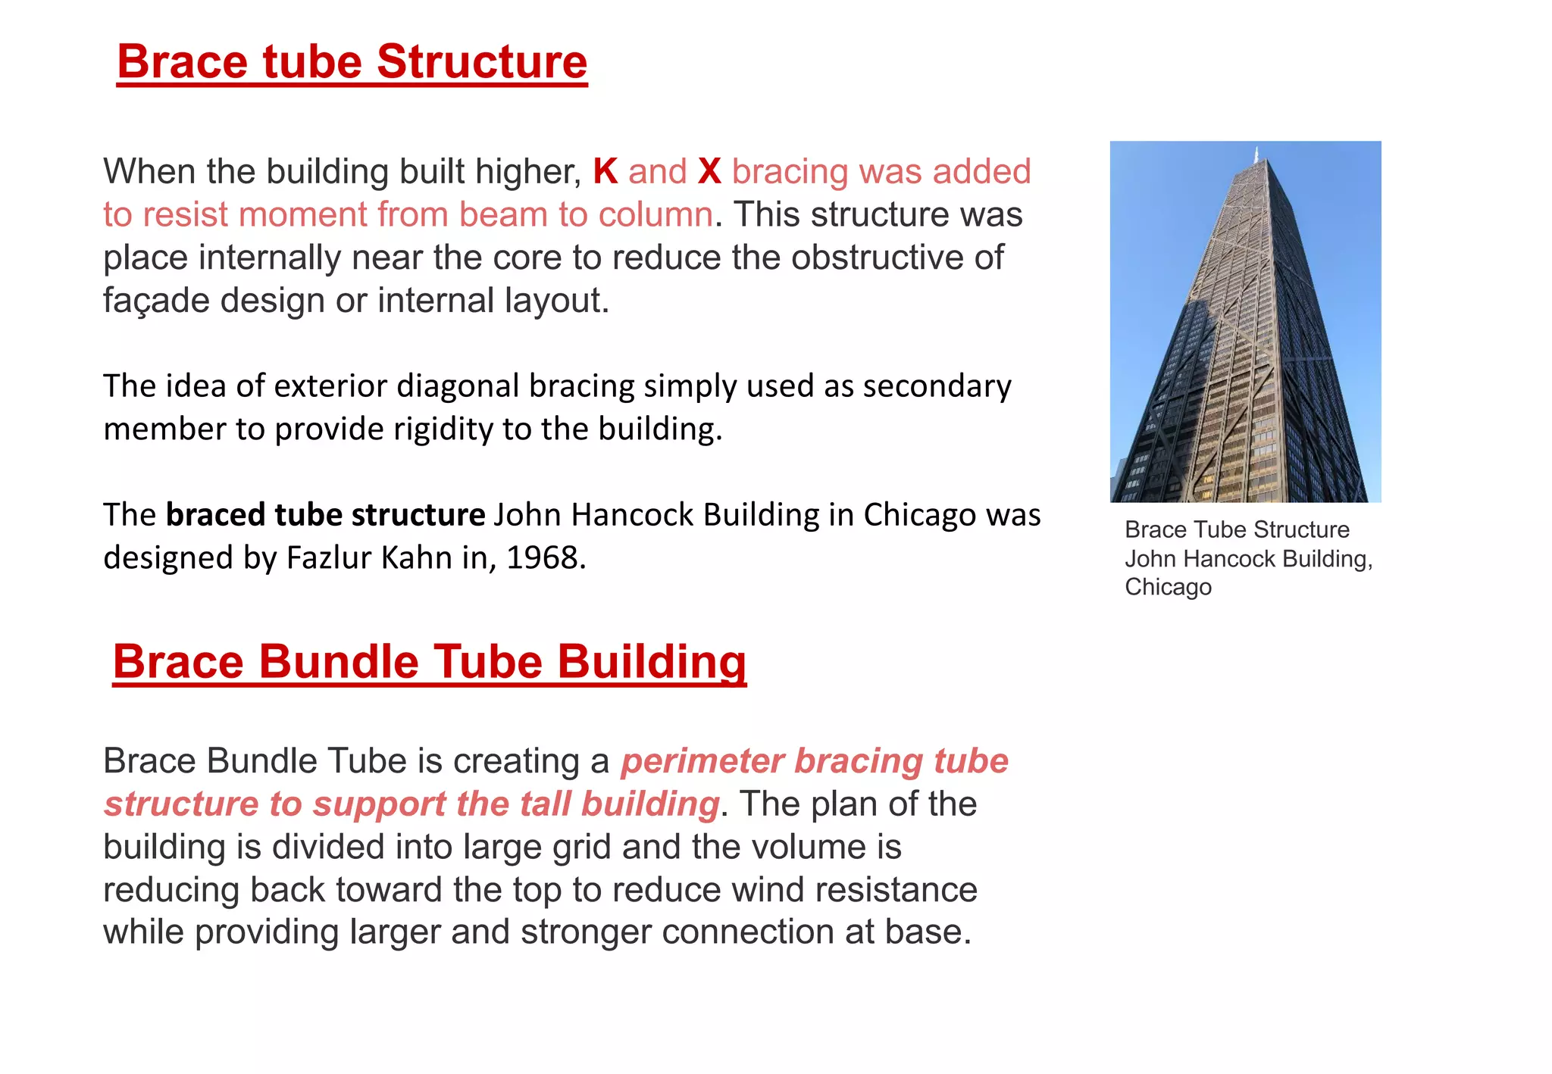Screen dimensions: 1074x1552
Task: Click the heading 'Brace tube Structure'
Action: tap(352, 62)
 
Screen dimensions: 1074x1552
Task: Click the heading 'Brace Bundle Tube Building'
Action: tap(429, 662)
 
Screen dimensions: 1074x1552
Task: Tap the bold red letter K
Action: tap(605, 172)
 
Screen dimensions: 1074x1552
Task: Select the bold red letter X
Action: tap(709, 172)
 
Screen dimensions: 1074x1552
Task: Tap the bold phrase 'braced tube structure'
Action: tap(325, 515)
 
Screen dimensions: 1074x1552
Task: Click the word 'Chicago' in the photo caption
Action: tap(1168, 587)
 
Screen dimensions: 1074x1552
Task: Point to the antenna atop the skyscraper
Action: tap(1256, 153)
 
